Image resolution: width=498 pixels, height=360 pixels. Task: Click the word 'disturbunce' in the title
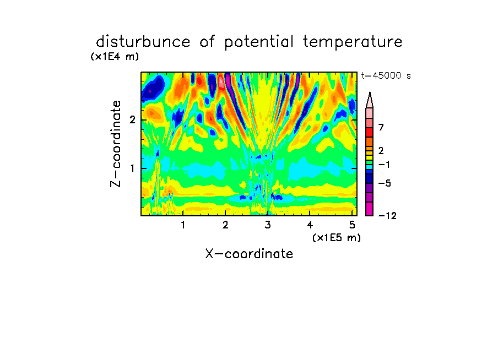(x=143, y=42)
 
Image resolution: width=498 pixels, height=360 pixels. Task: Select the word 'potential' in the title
(x=259, y=42)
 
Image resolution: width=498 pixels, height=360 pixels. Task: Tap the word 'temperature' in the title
(x=353, y=42)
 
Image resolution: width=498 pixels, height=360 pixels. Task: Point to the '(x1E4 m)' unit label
(x=115, y=57)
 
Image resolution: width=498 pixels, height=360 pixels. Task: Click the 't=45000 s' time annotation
(x=386, y=75)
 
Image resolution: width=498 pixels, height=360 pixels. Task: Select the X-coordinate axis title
(x=250, y=254)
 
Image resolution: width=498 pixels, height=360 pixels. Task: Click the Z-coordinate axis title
(x=116, y=144)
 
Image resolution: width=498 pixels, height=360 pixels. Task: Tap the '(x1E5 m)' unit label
(x=337, y=237)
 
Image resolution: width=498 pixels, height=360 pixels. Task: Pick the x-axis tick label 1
(x=183, y=225)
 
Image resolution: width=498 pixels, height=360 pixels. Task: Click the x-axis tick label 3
(x=268, y=225)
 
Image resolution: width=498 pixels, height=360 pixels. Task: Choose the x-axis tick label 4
(x=310, y=225)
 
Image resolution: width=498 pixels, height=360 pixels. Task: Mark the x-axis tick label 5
(x=352, y=225)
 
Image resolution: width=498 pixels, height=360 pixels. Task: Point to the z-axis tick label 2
(x=132, y=120)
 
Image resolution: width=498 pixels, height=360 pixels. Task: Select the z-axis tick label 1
(x=132, y=168)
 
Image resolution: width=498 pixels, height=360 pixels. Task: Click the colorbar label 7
(x=381, y=127)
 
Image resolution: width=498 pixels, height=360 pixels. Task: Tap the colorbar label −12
(x=387, y=216)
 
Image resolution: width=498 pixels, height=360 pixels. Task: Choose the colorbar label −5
(x=385, y=183)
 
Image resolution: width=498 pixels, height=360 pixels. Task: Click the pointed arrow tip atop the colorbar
(x=370, y=92)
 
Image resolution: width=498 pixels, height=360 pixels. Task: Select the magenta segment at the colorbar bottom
(x=370, y=209)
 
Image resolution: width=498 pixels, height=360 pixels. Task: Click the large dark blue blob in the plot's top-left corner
(x=153, y=88)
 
